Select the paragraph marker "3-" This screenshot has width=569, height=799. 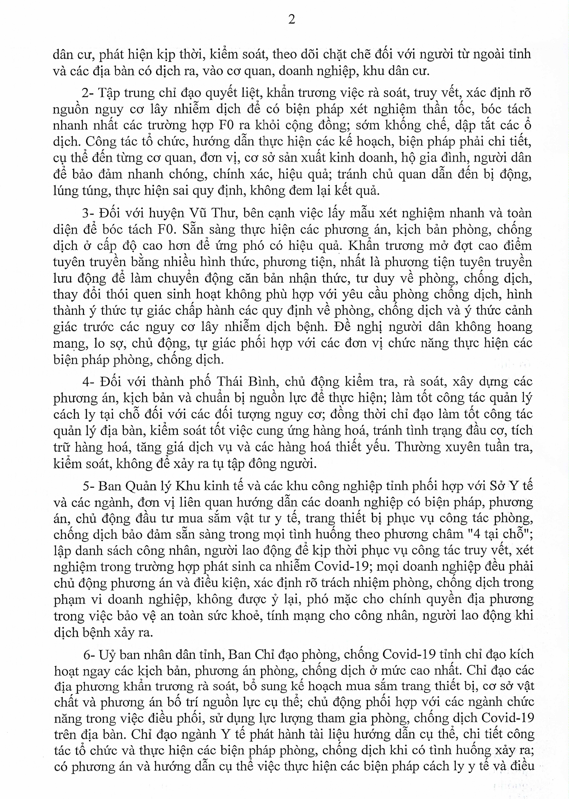[x=88, y=213]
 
